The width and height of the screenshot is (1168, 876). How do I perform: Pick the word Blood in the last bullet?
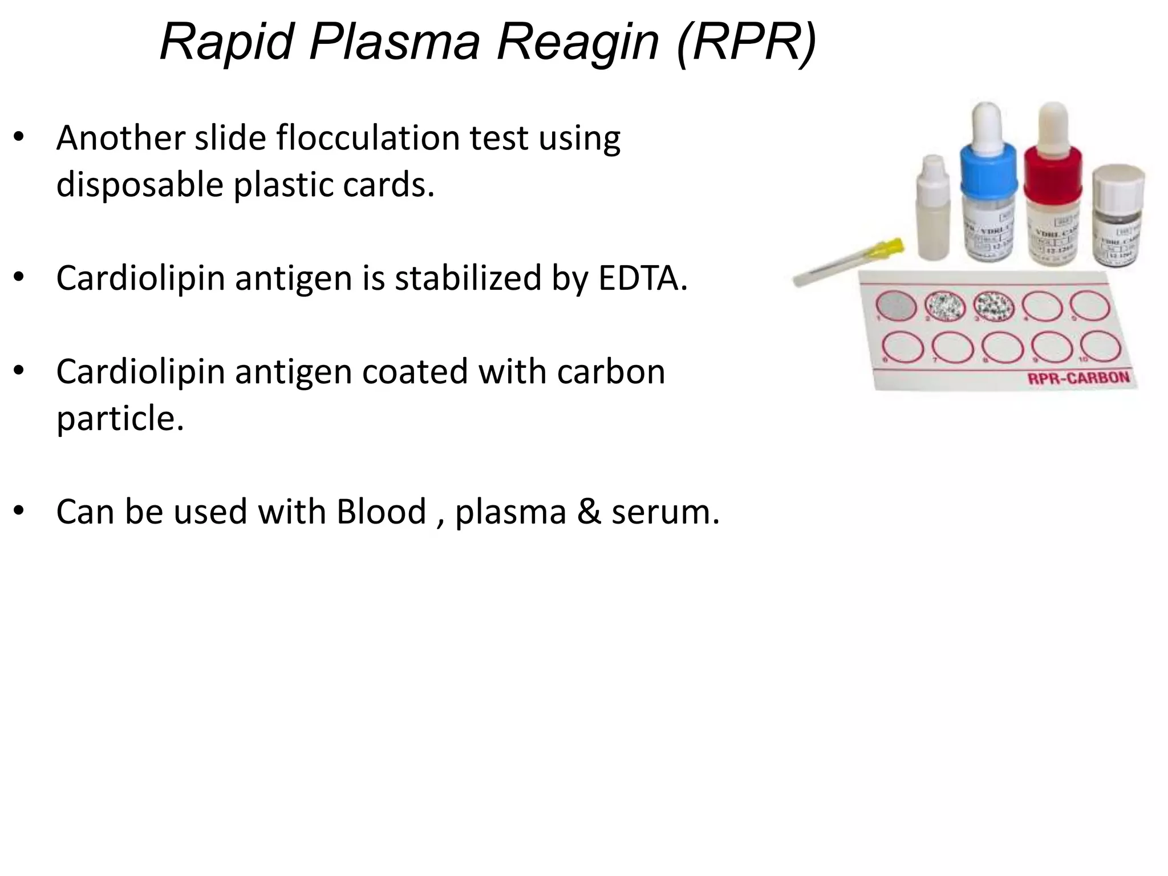point(381,512)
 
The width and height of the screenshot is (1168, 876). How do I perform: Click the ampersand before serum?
point(589,512)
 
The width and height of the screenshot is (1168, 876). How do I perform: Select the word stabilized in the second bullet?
point(468,278)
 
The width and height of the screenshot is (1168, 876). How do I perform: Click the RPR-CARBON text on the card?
point(1078,378)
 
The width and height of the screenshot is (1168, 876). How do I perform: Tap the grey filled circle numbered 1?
point(895,306)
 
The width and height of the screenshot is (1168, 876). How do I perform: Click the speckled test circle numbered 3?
point(994,306)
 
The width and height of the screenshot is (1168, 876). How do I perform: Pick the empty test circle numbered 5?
point(1090,306)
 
